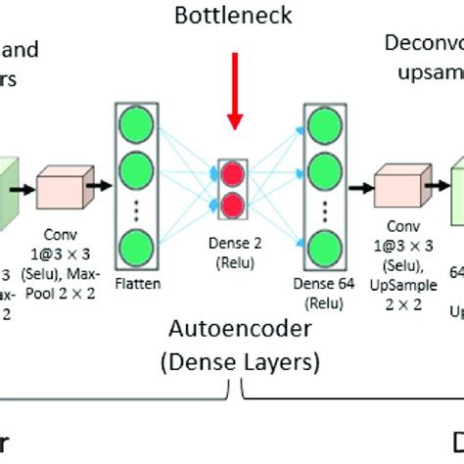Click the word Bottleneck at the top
pyautogui.click(x=232, y=16)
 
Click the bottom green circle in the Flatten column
pyautogui.click(x=137, y=245)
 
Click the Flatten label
pyautogui.click(x=137, y=286)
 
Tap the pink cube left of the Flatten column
pyautogui.click(x=64, y=188)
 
